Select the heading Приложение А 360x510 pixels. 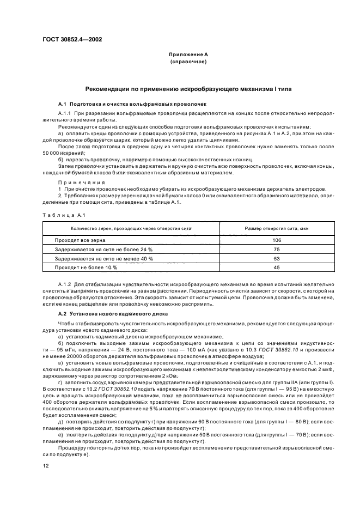[x=188, y=55]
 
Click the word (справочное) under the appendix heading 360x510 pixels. [x=188, y=62]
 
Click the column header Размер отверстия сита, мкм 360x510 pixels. [x=276, y=228]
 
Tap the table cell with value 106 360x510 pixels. [x=276, y=240]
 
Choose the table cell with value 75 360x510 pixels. [x=276, y=249]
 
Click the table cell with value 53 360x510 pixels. [x=276, y=258]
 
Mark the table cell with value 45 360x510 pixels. [x=276, y=268]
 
